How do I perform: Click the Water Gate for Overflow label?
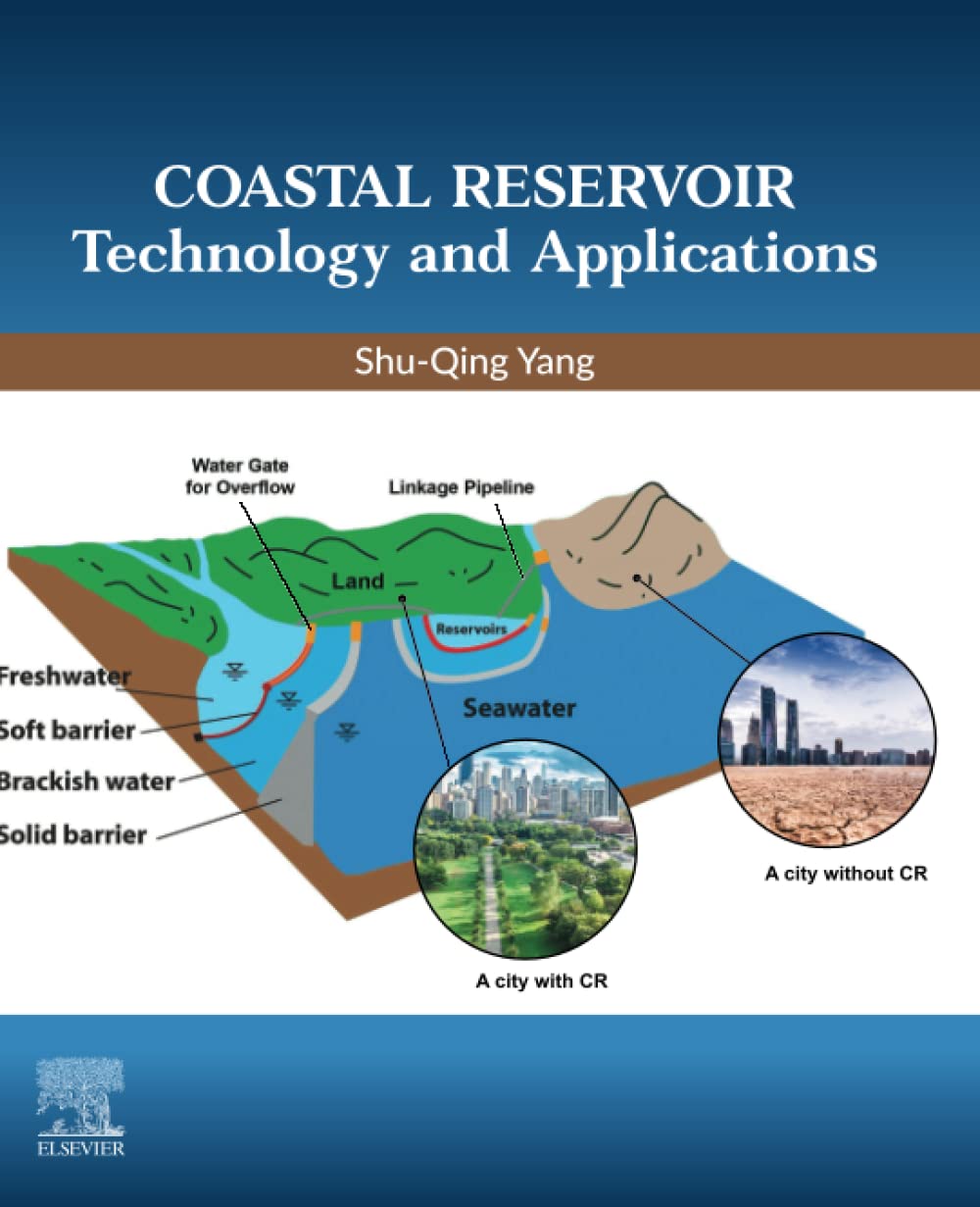(240, 475)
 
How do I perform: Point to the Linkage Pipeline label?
(461, 487)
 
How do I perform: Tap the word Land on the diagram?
(358, 581)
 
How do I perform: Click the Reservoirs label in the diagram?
(471, 629)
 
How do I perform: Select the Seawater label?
(519, 707)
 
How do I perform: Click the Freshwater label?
(65, 677)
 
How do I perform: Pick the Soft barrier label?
(67, 729)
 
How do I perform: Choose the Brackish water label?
(86, 781)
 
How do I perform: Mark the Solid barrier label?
(73, 835)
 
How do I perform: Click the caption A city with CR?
(541, 981)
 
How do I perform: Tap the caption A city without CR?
(845, 873)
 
